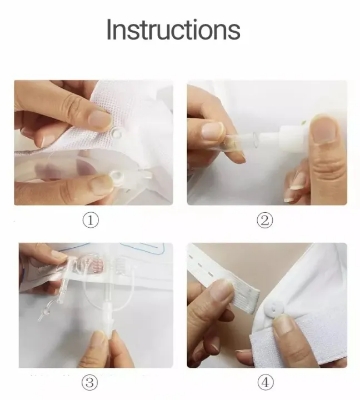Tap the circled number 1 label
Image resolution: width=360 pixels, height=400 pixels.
point(92,219)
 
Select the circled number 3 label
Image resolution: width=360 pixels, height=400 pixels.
point(92,381)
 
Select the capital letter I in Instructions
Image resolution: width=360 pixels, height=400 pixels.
point(110,29)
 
